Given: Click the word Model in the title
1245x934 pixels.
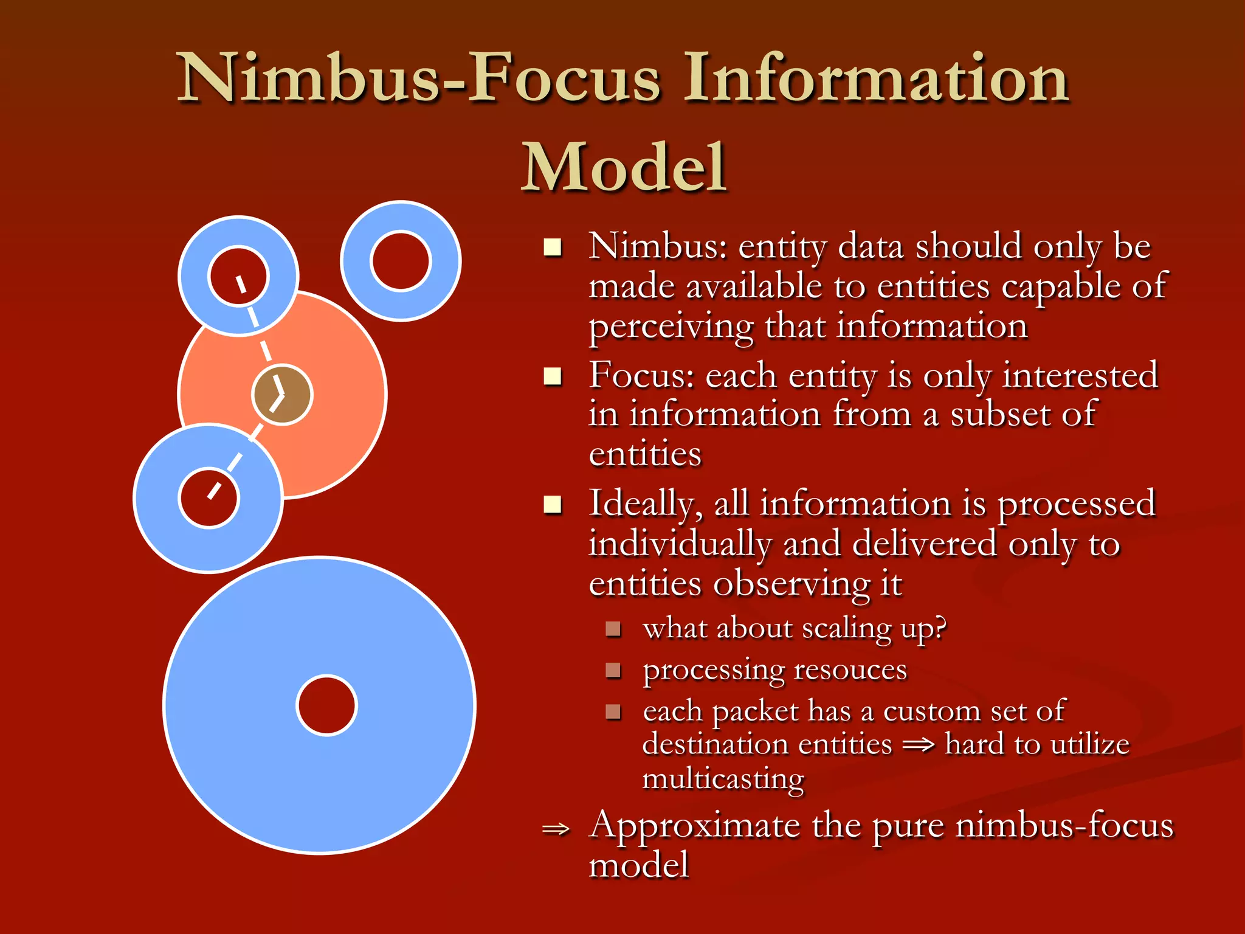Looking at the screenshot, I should (624, 167).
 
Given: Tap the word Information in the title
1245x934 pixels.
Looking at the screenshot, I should (876, 79).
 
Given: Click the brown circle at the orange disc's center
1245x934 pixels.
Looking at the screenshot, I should (282, 395).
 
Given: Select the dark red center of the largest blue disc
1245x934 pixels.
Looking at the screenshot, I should (326, 705).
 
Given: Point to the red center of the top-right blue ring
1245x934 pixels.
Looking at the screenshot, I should (401, 261).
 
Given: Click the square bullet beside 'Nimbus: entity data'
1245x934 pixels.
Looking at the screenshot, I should (553, 248).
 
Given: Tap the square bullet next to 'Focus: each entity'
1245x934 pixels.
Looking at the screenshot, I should (553, 376).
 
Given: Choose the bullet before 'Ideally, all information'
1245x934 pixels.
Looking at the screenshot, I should (553, 505).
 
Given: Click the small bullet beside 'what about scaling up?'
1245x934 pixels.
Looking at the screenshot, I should (613, 629).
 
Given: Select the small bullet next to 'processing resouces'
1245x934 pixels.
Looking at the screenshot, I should (613, 670).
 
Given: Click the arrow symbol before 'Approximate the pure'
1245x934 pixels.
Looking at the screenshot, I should (556, 829).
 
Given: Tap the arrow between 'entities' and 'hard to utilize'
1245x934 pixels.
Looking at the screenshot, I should (918, 745).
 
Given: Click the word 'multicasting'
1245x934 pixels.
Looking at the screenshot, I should (723, 779).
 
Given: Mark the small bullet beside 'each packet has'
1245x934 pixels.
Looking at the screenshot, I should (613, 711).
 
